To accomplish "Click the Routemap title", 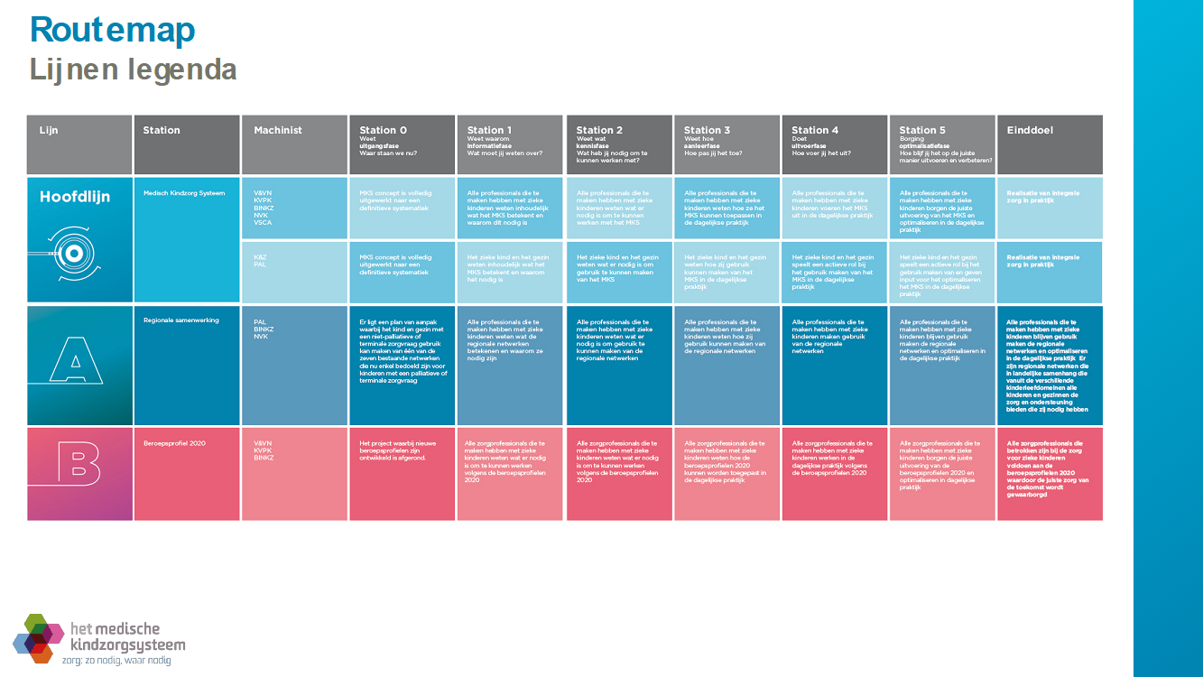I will click(x=112, y=30).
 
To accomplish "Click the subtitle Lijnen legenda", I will click(x=134, y=70).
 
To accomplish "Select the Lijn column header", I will click(x=79, y=144).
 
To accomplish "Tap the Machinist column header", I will click(x=294, y=144).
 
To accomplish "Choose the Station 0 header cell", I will click(x=402, y=144).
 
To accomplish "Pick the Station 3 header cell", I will click(x=726, y=144).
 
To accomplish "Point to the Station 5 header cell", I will click(x=942, y=144).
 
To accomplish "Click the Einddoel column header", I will click(x=1050, y=144).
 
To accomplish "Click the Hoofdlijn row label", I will click(x=75, y=197).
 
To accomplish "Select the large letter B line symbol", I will click(x=75, y=472).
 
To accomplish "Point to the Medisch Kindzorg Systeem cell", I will click(x=187, y=239).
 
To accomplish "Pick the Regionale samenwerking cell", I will click(x=187, y=366).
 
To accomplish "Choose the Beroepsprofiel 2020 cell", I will click(x=187, y=474).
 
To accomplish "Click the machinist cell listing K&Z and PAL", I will click(x=294, y=272).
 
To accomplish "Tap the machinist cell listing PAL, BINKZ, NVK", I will click(x=294, y=366).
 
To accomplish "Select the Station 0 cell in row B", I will click(x=402, y=474).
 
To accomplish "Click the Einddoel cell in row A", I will click(x=1050, y=366).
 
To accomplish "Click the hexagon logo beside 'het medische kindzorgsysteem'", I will click(x=38, y=636).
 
